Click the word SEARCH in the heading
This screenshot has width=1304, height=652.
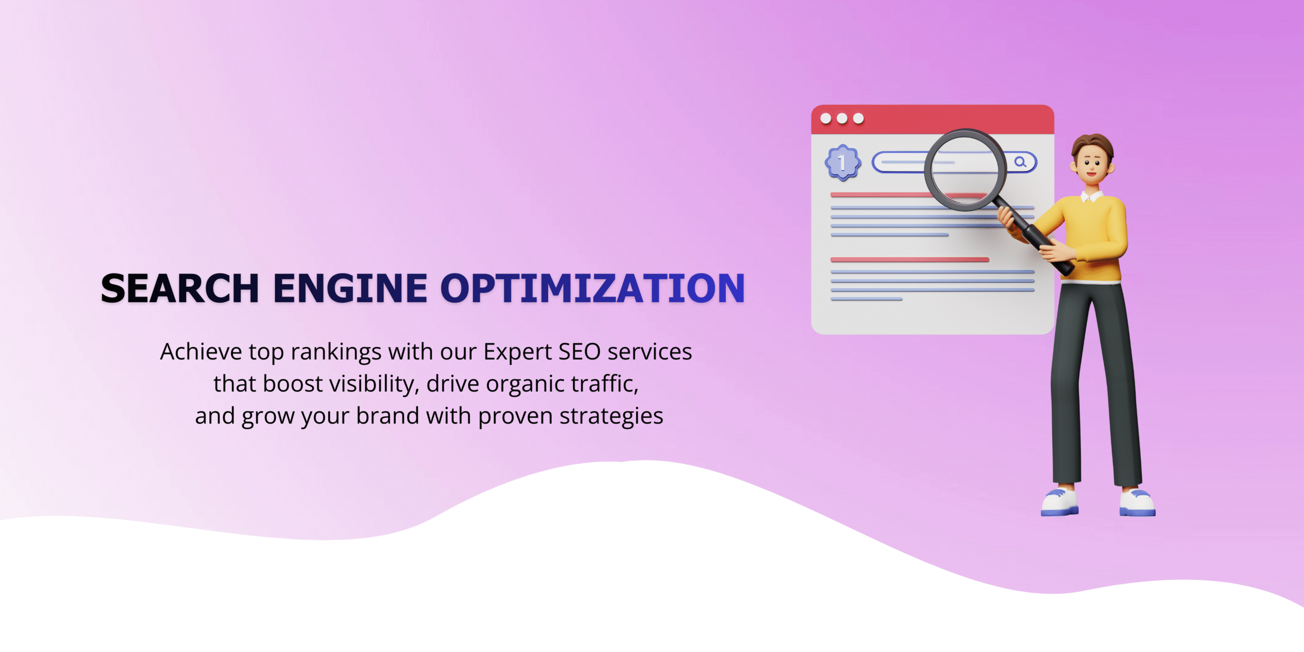click(x=180, y=288)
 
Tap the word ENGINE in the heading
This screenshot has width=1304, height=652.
click(x=350, y=288)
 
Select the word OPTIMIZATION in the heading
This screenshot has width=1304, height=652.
click(x=592, y=288)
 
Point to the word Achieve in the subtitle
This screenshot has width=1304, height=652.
click(x=201, y=351)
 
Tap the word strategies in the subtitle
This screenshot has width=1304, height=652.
click(x=611, y=417)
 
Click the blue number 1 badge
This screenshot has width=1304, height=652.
click(x=843, y=163)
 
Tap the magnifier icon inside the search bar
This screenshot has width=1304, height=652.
click(x=1020, y=162)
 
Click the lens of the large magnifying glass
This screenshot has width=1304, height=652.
click(x=965, y=169)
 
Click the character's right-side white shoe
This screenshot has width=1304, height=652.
click(x=1137, y=503)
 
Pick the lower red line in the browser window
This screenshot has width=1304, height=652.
click(x=910, y=260)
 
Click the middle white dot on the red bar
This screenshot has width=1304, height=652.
click(x=842, y=119)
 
